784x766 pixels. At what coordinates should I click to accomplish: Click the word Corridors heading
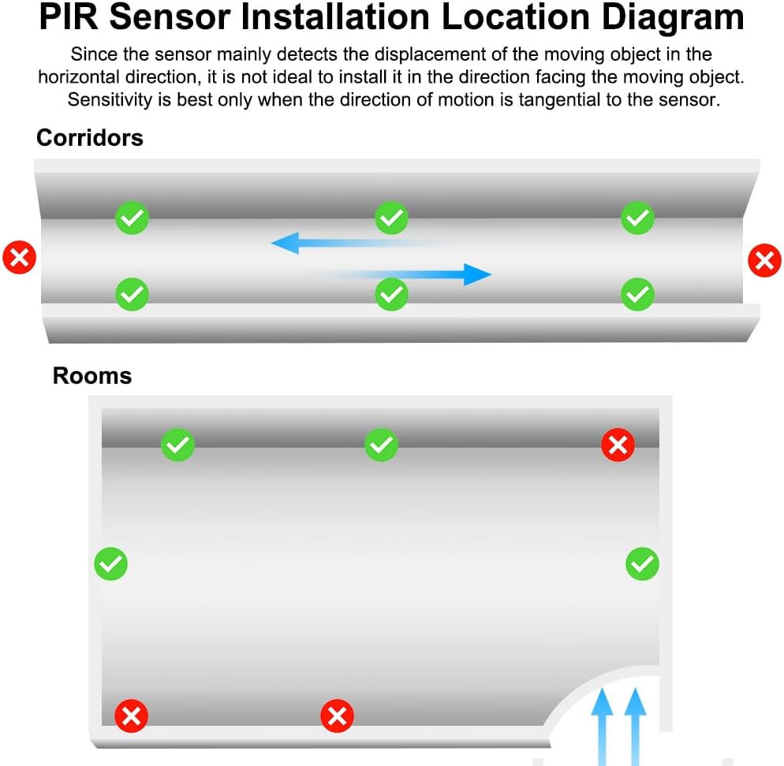(x=90, y=138)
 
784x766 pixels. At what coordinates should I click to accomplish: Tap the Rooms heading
(x=92, y=376)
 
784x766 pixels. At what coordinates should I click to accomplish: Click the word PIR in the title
(x=69, y=17)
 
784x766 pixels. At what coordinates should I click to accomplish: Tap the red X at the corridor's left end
(x=20, y=258)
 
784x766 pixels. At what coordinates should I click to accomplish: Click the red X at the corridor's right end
(x=763, y=260)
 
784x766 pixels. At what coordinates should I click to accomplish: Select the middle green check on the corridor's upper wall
(x=391, y=218)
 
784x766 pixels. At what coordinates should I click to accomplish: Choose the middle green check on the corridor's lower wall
(x=391, y=294)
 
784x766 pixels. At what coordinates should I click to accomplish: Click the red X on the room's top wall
(x=618, y=445)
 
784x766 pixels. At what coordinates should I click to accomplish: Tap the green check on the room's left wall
(x=110, y=563)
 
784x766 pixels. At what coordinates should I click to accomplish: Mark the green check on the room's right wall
(x=642, y=563)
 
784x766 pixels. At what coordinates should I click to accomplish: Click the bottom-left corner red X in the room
(x=132, y=716)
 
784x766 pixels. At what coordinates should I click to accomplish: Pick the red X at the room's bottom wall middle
(x=337, y=716)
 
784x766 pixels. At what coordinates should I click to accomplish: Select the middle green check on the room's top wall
(x=381, y=445)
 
